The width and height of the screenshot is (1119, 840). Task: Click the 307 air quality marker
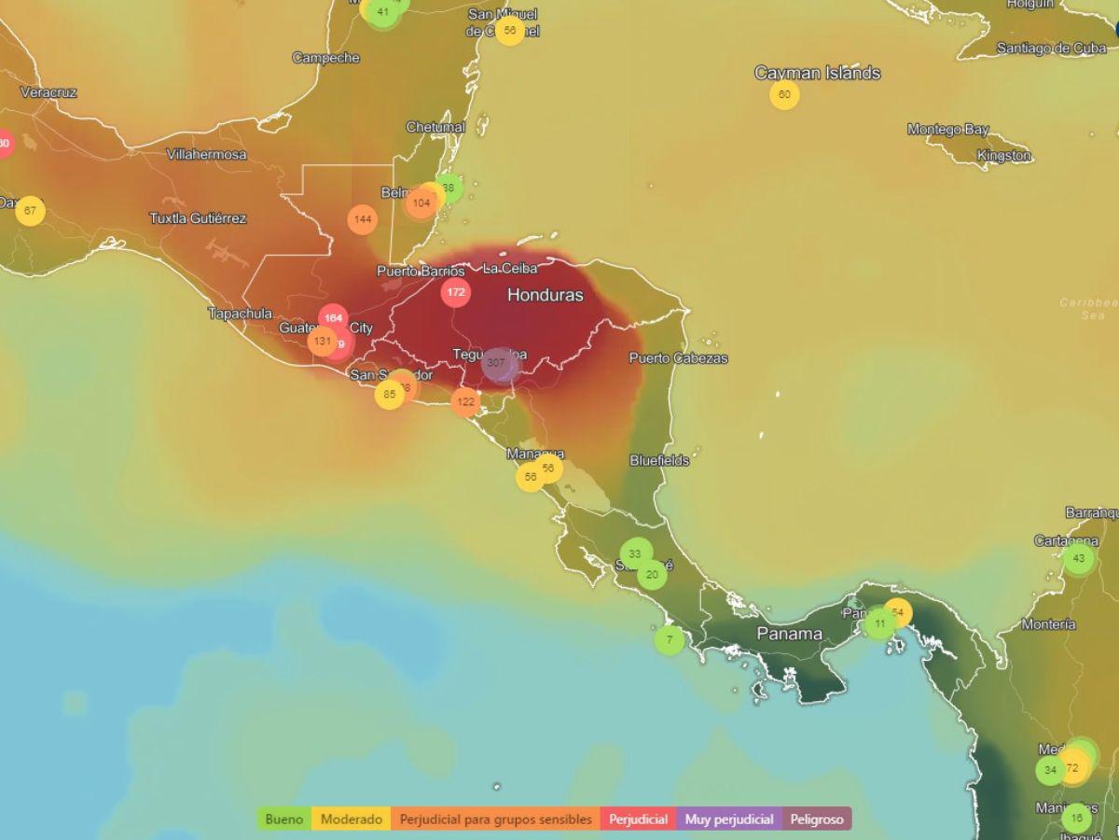coord(496,363)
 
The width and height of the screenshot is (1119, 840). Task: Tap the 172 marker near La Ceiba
coord(455,292)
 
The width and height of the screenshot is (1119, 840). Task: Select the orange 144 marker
coord(363,219)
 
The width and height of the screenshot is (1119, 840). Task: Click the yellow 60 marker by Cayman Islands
coord(784,94)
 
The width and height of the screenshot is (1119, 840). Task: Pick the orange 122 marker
coord(465,402)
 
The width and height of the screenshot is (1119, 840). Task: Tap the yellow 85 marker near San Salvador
coord(389,394)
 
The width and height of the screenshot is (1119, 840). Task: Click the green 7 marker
coord(669,639)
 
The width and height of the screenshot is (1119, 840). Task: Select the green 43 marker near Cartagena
coord(1078,558)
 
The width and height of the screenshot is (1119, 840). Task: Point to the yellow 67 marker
coord(30,210)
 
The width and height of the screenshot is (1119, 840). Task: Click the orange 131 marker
coord(323,341)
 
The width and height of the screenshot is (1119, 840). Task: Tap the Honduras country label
coord(545,295)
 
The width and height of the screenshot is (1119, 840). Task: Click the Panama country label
coord(789,634)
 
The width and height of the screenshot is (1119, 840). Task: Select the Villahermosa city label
coord(206,154)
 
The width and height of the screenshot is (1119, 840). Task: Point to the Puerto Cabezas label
coord(678,357)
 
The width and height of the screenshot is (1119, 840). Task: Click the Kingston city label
coord(1003,156)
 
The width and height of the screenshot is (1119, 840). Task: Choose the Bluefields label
coord(659,460)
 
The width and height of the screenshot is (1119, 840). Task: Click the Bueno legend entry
coord(284,819)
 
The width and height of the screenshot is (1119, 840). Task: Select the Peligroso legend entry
coord(817,819)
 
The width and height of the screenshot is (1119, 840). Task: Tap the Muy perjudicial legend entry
coord(729,819)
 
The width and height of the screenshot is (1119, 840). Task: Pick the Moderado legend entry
coord(352,819)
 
